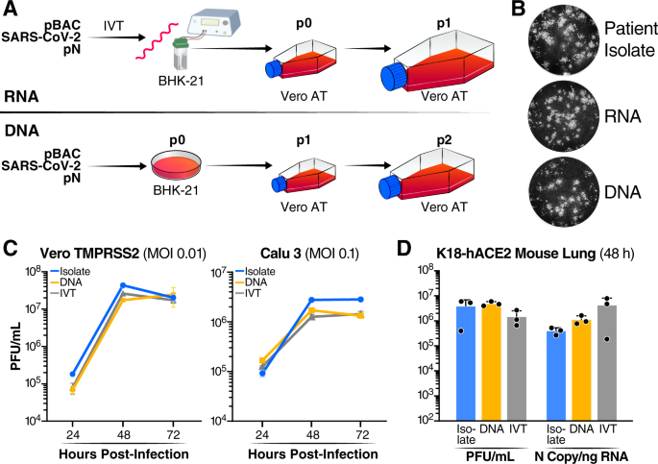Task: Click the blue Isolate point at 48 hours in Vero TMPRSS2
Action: (x=124, y=285)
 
